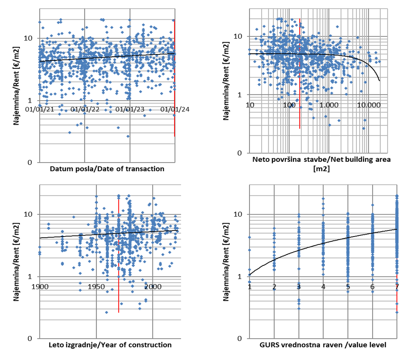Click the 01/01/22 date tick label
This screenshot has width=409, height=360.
pos(85,109)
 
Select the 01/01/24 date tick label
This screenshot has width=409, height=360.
pos(175,109)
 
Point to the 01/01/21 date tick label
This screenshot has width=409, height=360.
pos(40,109)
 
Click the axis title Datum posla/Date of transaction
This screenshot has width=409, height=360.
pos(107,169)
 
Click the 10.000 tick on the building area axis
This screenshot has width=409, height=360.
pos(369,105)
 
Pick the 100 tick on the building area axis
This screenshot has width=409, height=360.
pos(289,105)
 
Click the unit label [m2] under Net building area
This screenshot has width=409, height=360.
pos(322,169)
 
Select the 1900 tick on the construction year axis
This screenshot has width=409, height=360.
pos(39,287)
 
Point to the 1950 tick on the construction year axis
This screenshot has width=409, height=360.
pos(96,287)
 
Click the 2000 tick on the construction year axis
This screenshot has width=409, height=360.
pos(153,287)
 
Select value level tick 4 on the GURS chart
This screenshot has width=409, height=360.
pos(323,287)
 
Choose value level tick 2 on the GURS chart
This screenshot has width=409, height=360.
pos(274,287)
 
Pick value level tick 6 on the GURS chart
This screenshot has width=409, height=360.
pos(373,287)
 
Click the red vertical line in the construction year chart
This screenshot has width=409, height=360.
pos(118,250)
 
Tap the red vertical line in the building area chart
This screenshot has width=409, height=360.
pos(300,72)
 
